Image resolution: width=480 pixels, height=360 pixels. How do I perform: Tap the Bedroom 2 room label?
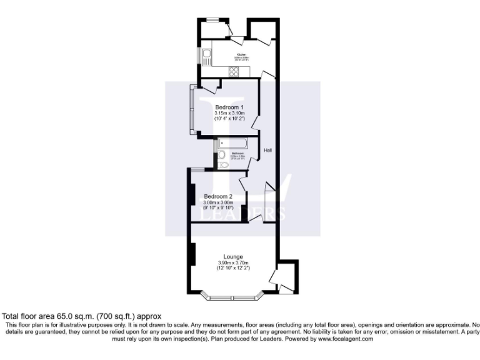click(218, 196)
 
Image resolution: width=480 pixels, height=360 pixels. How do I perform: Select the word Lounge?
click(234, 257)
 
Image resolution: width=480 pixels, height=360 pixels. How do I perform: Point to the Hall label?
click(267, 150)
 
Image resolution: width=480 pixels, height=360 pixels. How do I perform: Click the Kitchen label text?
click(241, 55)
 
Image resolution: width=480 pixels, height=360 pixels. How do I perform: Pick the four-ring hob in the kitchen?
click(225, 72)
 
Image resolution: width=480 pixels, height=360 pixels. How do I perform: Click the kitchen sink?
click(204, 57)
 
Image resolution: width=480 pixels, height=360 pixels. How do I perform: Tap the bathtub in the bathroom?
click(232, 143)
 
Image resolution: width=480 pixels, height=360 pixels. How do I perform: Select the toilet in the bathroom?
click(223, 164)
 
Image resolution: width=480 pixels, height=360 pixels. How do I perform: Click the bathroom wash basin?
click(221, 154)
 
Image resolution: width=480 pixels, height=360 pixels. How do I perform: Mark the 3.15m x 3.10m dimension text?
click(229, 113)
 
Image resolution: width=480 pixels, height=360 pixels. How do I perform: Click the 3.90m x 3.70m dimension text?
click(234, 262)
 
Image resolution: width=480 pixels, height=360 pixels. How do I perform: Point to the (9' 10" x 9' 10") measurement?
click(218, 208)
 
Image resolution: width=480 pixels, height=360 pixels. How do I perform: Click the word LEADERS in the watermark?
click(242, 214)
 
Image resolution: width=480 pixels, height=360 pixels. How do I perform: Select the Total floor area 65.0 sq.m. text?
click(81, 317)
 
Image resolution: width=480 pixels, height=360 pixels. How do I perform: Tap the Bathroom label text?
click(238, 152)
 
